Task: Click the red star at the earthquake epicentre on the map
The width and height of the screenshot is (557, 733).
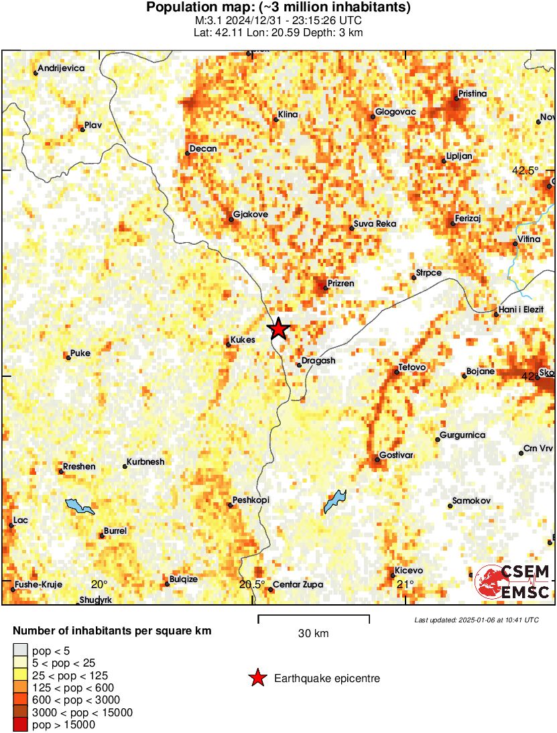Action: [278, 329]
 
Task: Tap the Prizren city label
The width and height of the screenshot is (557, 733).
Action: [341, 284]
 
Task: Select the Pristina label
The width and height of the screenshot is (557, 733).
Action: [472, 93]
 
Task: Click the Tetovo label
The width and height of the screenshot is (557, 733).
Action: [413, 368]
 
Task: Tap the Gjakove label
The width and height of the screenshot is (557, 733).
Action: [250, 215]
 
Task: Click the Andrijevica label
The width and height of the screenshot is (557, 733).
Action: [62, 68]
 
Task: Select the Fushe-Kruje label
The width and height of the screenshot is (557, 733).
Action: [40, 584]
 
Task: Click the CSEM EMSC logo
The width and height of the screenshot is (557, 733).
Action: [513, 581]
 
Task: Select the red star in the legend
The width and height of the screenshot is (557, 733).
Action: [257, 679]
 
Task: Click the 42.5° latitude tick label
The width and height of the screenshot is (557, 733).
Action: [525, 170]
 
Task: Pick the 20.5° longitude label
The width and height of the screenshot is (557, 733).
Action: [252, 584]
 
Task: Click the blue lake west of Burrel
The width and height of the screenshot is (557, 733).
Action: [80, 506]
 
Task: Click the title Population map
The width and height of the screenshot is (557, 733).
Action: [278, 7]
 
